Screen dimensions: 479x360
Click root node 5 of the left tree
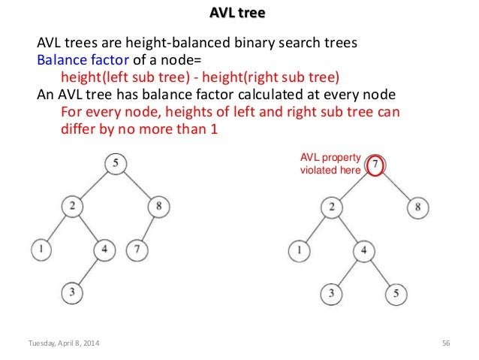115,163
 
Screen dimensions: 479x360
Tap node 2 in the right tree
330,205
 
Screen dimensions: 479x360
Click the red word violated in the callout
317,170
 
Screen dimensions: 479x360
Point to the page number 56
446,344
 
